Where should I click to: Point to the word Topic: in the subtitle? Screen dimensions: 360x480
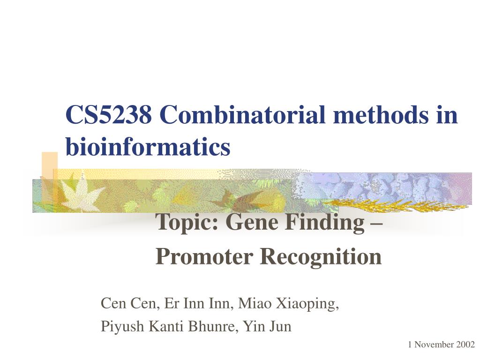coord(187,222)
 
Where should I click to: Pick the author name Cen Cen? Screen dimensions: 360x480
coord(128,304)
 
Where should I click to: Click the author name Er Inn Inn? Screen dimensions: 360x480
coord(197,304)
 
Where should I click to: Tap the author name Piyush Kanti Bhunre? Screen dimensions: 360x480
coord(167,326)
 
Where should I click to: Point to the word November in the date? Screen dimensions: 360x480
coord(434,345)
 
